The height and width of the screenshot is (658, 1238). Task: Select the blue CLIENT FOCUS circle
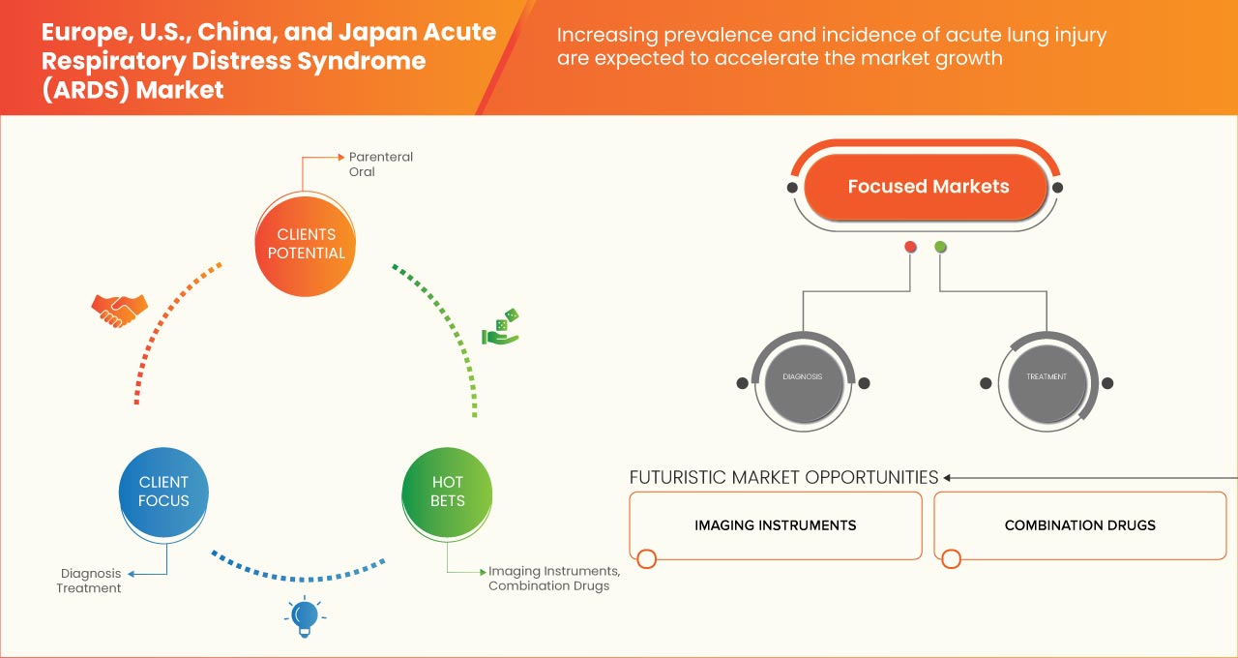(163, 492)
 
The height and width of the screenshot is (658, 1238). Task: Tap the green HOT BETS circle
(447, 492)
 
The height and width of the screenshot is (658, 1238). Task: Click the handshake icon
(119, 310)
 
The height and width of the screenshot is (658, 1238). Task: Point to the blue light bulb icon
(305, 615)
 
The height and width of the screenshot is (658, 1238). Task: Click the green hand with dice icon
(501, 328)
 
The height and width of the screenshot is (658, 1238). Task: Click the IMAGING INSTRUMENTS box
(775, 525)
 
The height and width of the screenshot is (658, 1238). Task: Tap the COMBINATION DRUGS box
(1079, 525)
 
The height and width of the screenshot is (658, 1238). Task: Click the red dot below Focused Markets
(910, 248)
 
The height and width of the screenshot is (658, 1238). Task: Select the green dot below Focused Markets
(940, 248)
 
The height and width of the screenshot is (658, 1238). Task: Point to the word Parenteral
(381, 157)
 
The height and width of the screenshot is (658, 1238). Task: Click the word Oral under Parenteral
(362, 172)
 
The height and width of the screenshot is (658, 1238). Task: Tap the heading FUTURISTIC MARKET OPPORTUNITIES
(783, 477)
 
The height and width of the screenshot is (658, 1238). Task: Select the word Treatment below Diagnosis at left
(89, 588)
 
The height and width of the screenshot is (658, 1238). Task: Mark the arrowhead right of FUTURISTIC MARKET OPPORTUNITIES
(948, 477)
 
